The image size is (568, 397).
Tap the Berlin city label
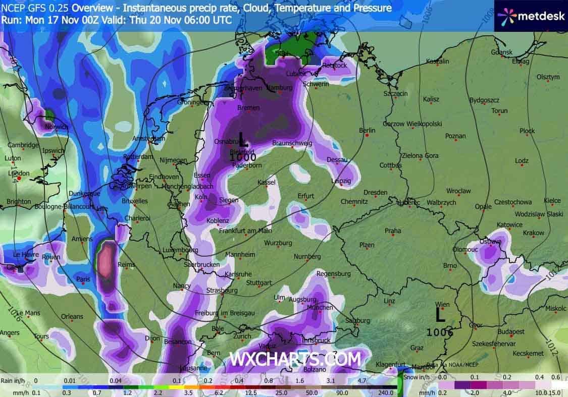(x=367, y=130)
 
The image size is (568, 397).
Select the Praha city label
(x=393, y=231)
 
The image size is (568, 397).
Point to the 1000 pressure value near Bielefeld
(x=243, y=157)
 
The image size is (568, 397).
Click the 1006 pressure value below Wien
(x=439, y=332)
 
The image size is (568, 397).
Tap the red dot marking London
(x=19, y=178)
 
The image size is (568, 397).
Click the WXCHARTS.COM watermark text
(x=295, y=359)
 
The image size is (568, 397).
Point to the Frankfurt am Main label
(x=245, y=231)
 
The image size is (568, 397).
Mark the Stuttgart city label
(x=259, y=282)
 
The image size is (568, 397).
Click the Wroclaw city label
(x=458, y=191)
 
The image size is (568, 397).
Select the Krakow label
(x=534, y=233)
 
